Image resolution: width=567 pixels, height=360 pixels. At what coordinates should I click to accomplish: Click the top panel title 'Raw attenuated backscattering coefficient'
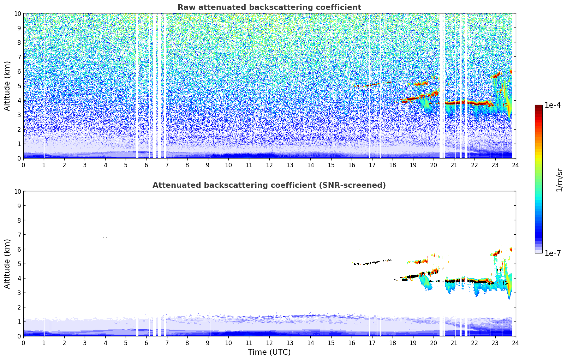click(x=269, y=7)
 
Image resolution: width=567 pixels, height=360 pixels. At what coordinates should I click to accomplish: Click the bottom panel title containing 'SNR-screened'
click(x=269, y=185)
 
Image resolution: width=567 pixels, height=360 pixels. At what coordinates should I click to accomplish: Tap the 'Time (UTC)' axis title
click(x=269, y=352)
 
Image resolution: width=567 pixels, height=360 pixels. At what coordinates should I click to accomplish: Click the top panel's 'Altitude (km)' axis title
click(x=7, y=86)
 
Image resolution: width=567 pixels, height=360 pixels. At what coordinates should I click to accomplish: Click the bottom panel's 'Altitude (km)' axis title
click(x=7, y=264)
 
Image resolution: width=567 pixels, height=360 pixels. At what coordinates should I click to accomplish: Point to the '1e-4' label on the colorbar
click(x=553, y=105)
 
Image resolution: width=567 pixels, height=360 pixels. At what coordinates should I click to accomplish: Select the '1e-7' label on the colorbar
click(x=553, y=253)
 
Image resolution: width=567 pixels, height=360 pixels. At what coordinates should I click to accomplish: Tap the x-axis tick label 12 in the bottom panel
click(x=269, y=343)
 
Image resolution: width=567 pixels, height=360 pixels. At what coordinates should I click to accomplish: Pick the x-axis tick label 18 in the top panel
click(x=392, y=165)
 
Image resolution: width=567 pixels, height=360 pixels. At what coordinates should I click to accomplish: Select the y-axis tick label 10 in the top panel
click(x=17, y=13)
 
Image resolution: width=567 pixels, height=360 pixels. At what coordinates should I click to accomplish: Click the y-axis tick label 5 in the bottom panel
click(x=19, y=264)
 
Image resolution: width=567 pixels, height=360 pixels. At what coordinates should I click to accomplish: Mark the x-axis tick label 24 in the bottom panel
click(x=515, y=343)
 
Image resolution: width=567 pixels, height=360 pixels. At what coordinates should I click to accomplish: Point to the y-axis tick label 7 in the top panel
click(x=19, y=57)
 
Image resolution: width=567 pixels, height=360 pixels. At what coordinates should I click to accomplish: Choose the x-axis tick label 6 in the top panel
click(x=147, y=165)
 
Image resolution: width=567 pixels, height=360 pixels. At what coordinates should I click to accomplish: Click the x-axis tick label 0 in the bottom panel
click(x=24, y=343)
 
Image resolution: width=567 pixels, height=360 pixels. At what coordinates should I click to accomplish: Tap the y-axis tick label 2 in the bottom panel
click(x=19, y=307)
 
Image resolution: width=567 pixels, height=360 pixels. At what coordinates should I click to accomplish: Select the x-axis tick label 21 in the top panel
click(x=454, y=165)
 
